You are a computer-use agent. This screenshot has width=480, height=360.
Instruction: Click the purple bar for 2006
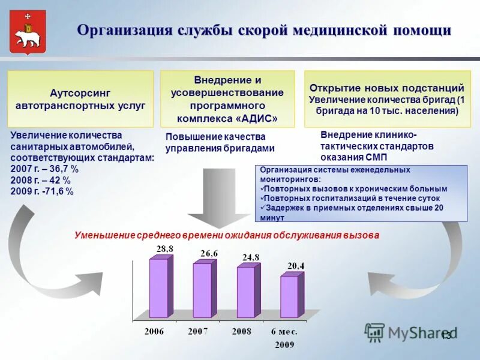pos(158,287)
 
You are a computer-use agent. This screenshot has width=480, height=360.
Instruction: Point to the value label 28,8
pos(165,248)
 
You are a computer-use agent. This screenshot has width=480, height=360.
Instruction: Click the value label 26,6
pos(209,253)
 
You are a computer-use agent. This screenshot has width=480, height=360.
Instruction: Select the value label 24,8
pos(251,257)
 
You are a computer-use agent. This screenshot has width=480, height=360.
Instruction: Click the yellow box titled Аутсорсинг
pos(80,99)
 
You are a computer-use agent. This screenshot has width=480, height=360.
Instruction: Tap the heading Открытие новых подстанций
pos(386,88)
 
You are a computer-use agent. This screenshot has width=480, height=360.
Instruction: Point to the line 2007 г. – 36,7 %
pos(45,169)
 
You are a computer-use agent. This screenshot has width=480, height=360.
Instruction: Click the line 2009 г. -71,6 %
pos(43,191)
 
